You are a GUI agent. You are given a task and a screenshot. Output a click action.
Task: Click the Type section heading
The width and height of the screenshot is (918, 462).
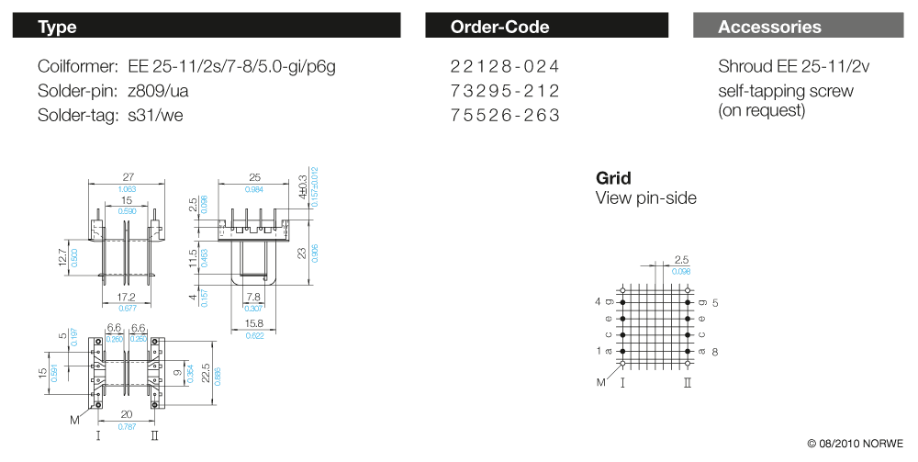(57, 27)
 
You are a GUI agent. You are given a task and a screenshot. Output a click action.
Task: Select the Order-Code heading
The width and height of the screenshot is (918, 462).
(500, 27)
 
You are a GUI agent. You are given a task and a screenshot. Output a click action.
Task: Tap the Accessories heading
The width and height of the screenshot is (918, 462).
(769, 27)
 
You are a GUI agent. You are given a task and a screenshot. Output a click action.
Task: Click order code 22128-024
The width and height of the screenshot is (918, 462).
(505, 66)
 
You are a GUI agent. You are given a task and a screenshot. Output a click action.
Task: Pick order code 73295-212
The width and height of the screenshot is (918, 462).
(505, 91)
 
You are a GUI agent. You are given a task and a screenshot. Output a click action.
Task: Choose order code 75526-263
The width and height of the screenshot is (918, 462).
(505, 115)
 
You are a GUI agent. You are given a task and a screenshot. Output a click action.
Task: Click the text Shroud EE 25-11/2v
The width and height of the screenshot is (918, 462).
(793, 66)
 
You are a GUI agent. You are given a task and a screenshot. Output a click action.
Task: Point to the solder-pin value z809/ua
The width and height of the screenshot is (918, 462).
(158, 91)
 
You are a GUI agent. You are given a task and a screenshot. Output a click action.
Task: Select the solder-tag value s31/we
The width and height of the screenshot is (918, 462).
(155, 115)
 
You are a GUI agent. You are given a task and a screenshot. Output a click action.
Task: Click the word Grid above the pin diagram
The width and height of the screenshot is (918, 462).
(613, 178)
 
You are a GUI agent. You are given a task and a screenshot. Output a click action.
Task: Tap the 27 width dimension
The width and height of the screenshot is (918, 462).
(128, 177)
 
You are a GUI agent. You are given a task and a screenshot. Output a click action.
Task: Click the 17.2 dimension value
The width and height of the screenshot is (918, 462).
(127, 298)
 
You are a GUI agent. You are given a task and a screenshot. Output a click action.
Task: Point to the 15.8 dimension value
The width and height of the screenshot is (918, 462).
(254, 323)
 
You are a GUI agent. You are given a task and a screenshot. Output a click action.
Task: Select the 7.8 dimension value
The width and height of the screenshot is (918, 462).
(253, 298)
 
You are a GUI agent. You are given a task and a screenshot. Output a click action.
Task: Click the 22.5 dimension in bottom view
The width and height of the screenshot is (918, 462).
(206, 372)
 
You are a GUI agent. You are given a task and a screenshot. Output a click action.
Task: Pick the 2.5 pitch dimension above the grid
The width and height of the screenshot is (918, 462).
(681, 260)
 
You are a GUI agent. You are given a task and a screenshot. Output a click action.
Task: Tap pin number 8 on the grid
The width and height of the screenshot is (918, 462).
(715, 352)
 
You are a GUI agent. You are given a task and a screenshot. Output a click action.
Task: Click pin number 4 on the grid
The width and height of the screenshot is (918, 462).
(598, 301)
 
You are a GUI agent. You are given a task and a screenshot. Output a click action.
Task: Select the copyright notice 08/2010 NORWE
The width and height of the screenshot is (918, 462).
(856, 444)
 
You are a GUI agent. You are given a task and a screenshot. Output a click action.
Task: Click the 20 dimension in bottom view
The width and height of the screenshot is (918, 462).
(127, 414)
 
